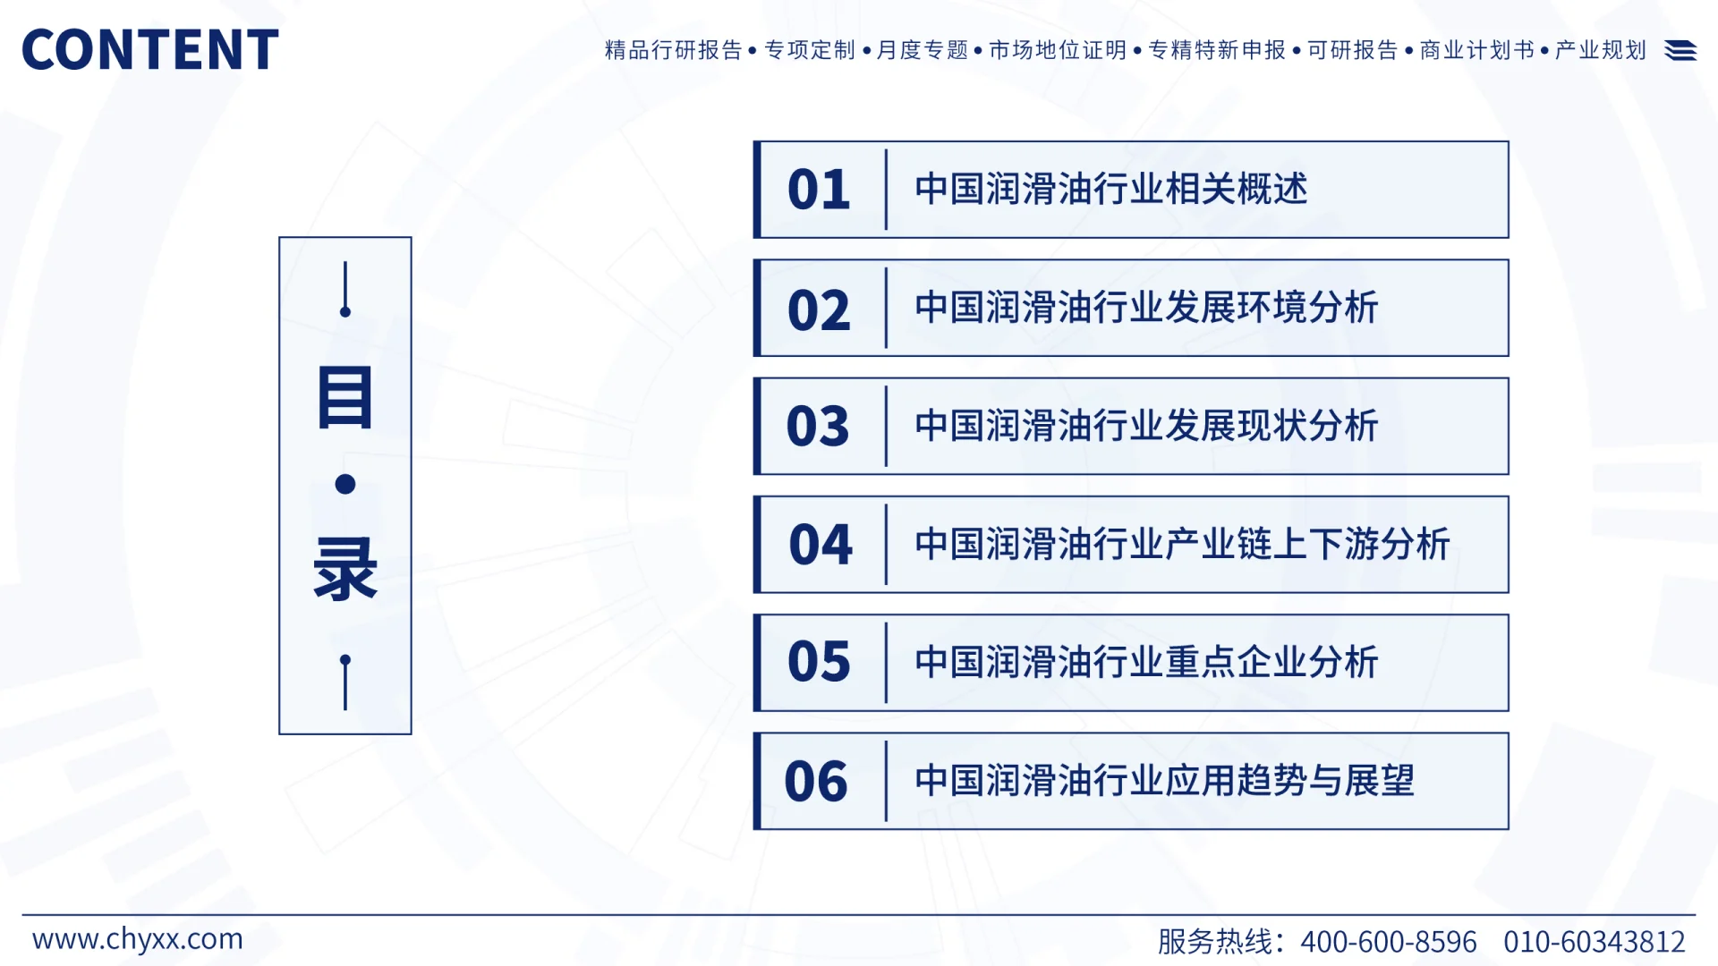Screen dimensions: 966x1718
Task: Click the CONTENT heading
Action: tap(149, 49)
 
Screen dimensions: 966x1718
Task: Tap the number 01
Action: tap(818, 190)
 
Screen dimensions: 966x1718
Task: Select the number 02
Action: tap(818, 309)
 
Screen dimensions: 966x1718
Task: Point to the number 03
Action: tap(817, 427)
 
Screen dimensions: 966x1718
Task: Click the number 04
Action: tap(820, 545)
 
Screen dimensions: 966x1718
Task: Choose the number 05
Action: tap(818, 663)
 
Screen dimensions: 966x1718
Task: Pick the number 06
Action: tap(815, 782)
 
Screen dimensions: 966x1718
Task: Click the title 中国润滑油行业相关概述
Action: tap(1110, 190)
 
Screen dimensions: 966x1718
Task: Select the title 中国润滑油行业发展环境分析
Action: tap(1146, 308)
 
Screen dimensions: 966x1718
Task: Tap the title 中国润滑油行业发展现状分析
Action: tap(1146, 427)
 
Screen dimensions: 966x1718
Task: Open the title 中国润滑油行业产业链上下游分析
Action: tap(1182, 545)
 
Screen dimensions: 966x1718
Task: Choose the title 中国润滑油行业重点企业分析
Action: tap(1146, 663)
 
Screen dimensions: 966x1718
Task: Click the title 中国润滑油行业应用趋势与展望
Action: tap(1164, 781)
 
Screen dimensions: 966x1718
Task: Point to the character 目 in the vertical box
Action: tap(344, 397)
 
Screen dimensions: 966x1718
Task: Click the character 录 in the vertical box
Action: tap(344, 569)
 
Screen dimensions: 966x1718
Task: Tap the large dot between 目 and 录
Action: tap(345, 484)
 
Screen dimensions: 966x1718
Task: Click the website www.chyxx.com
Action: tap(138, 939)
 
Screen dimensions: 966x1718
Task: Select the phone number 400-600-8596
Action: tap(1388, 942)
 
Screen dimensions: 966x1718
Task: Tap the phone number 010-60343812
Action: tap(1594, 942)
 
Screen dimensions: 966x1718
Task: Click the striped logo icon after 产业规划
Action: tap(1680, 51)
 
